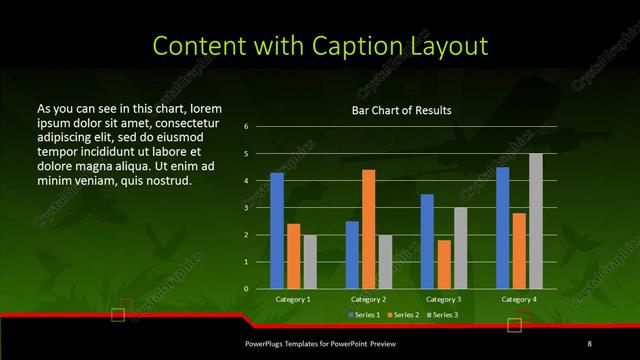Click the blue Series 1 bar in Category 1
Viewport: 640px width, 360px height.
[277, 231]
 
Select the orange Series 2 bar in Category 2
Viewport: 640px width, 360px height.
[369, 229]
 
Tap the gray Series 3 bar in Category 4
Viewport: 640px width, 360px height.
[536, 221]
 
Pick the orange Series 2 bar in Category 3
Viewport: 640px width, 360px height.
[444, 264]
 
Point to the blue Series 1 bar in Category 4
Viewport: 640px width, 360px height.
[503, 228]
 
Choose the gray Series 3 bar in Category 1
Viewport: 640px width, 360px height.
[310, 262]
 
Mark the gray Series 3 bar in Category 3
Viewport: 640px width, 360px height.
[461, 248]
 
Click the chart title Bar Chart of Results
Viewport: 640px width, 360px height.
[401, 110]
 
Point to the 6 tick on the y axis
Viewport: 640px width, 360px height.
[246, 127]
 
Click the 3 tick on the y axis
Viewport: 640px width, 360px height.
[246, 208]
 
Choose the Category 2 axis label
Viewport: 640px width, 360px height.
[368, 299]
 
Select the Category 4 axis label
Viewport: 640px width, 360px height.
[518, 299]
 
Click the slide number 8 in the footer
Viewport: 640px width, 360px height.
[589, 344]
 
